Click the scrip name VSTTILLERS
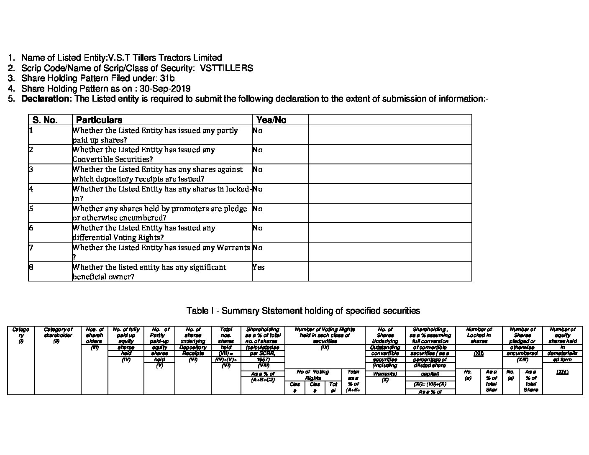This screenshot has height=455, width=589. pos(226,68)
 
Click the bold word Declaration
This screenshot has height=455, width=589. pos(45,99)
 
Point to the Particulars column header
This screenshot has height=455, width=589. pos(99,120)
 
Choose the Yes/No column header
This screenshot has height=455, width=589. pos(271,120)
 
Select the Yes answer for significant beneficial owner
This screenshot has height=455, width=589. pos(258,267)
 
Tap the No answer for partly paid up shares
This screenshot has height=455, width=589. pos(257,130)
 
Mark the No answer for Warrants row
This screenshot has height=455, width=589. pos(257,248)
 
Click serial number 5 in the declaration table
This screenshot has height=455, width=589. pos(31,208)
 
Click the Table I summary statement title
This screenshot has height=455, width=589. pos(303,311)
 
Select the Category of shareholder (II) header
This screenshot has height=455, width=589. pos(58,335)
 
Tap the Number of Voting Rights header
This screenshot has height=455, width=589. pos(325,335)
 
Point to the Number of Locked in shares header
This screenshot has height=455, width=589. pos(479,335)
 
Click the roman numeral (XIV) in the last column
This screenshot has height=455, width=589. pos(562,372)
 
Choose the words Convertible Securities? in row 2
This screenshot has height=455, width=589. pos(113,159)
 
